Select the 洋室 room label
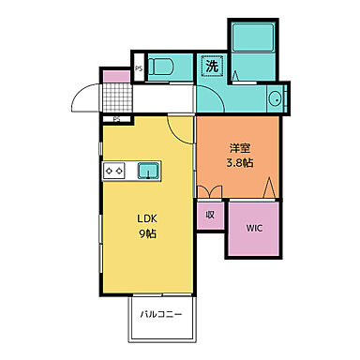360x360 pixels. [x=237, y=148]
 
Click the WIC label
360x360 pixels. [x=254, y=227]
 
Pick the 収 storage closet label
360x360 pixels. [x=209, y=215]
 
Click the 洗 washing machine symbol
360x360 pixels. [x=211, y=67]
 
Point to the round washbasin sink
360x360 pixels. [x=277, y=98]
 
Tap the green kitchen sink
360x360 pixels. [x=149, y=170]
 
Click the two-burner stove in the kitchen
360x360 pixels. [x=115, y=171]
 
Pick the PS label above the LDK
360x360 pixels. [x=117, y=120]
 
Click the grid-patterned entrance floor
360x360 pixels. [x=116, y=96]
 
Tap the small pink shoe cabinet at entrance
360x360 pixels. [x=115, y=75]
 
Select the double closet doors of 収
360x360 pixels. [x=210, y=191]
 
